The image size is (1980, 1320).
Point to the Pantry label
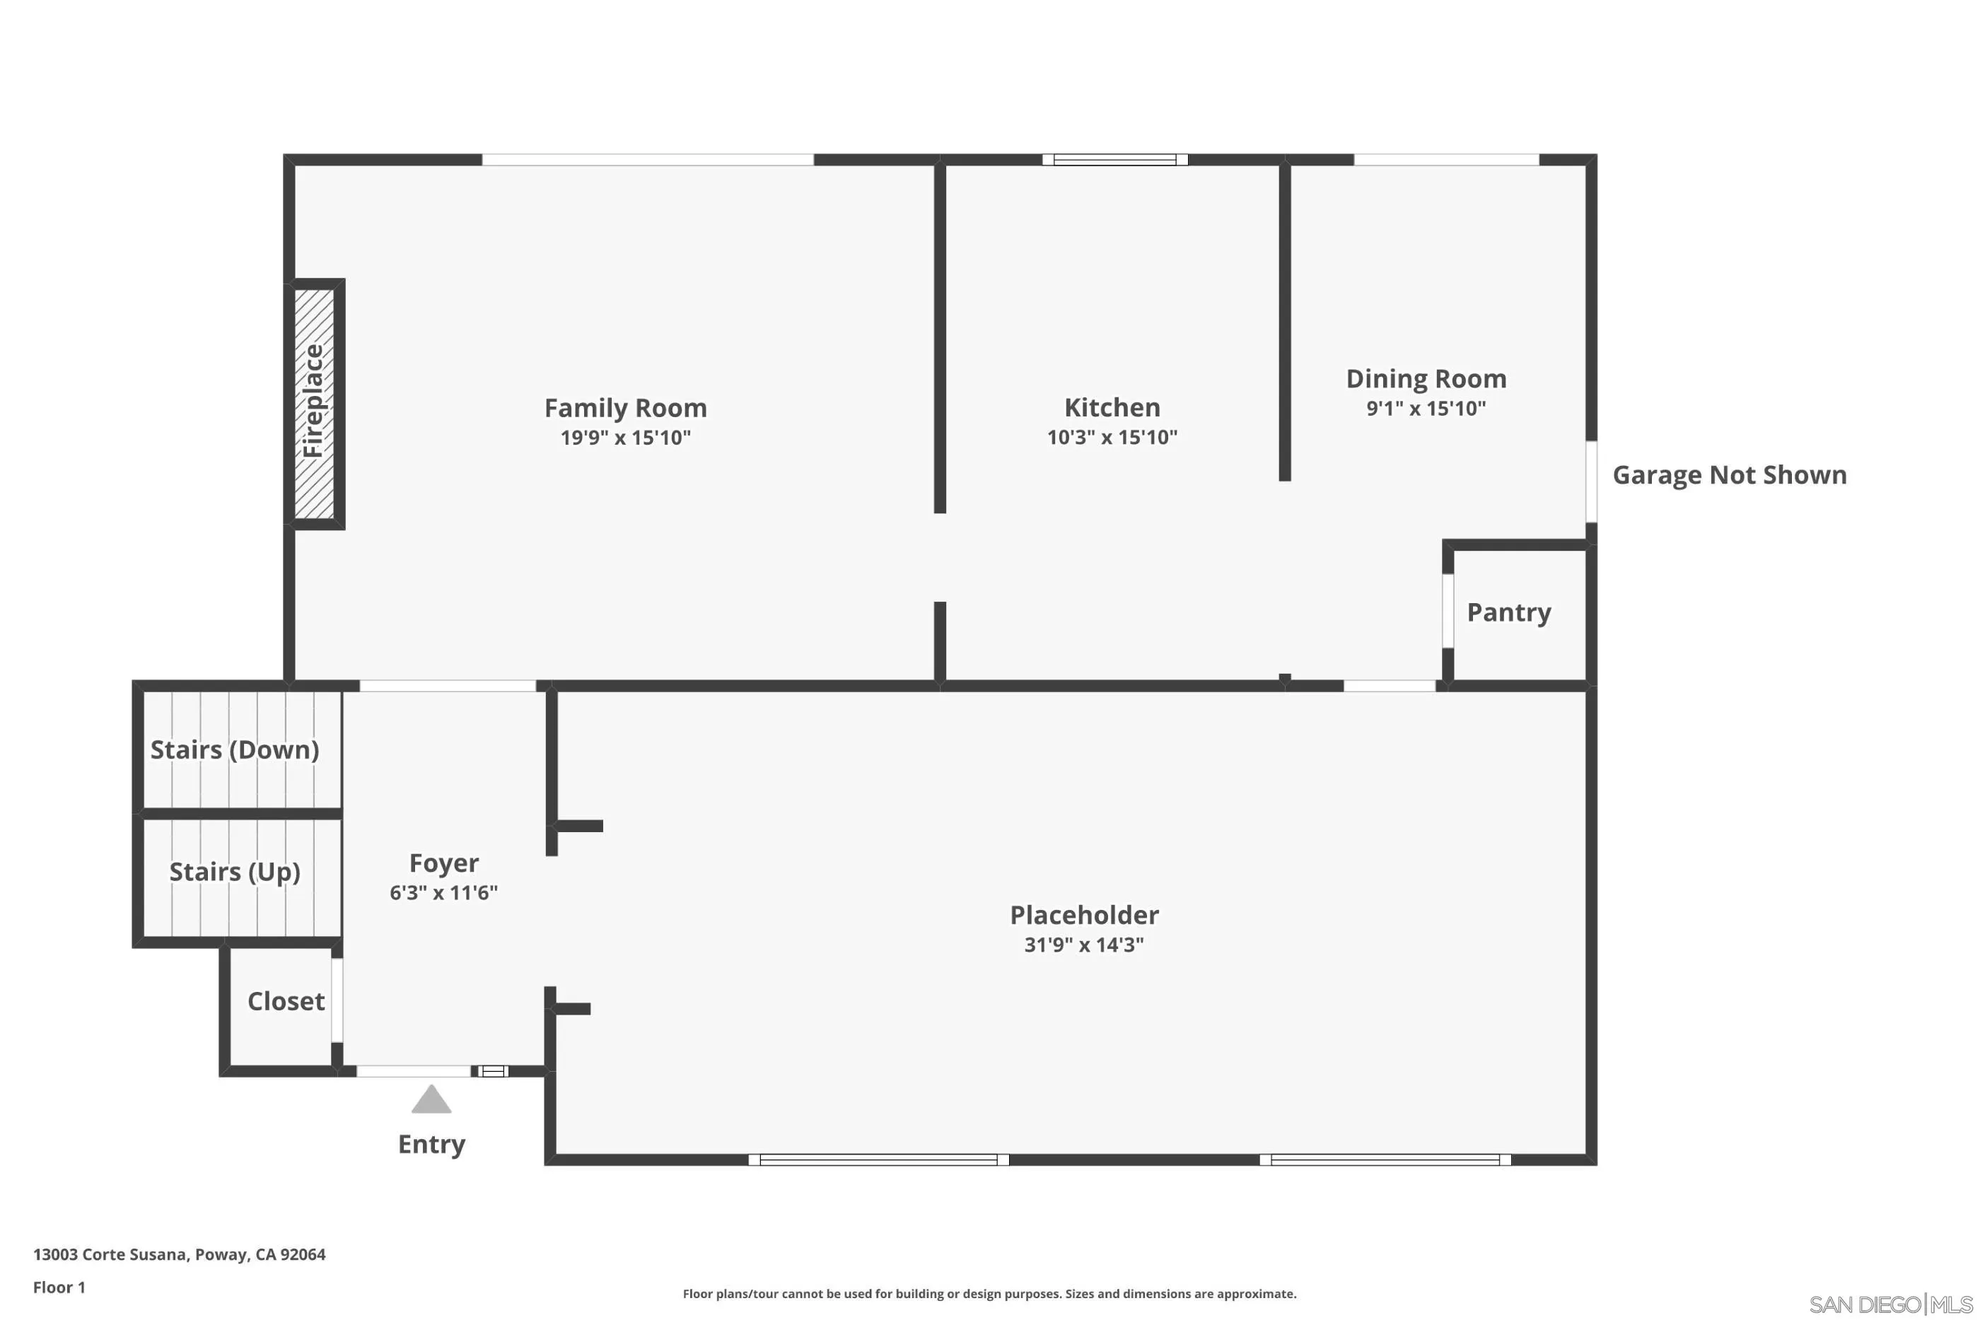tap(1508, 612)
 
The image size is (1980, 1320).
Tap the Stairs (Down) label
tap(234, 749)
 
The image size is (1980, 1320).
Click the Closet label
tap(286, 1001)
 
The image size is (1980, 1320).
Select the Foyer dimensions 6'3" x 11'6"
tap(443, 892)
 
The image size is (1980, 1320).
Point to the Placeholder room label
tap(1083, 915)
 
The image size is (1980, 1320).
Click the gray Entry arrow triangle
tap(431, 1100)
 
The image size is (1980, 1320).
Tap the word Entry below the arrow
tap(431, 1144)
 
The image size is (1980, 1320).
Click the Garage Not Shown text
tap(1729, 475)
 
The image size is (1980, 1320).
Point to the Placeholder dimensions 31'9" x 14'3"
tap(1083, 945)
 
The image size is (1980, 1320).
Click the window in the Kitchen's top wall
tap(1114, 160)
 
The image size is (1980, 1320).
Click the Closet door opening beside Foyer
tap(337, 1000)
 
